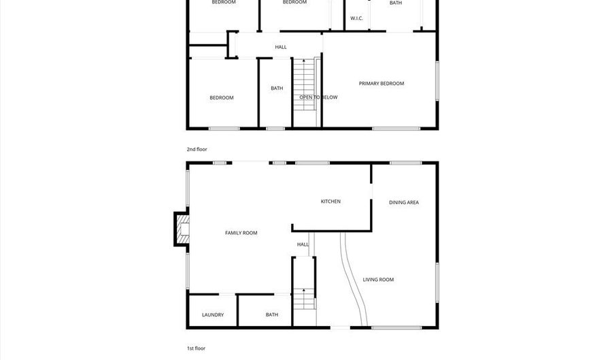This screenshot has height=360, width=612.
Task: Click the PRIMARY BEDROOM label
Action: (x=381, y=84)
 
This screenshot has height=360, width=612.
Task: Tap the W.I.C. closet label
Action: (x=357, y=18)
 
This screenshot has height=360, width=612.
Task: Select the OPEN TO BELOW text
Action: (x=318, y=97)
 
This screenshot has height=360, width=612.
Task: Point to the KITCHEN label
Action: (x=330, y=201)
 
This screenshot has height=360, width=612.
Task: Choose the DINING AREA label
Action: (x=403, y=202)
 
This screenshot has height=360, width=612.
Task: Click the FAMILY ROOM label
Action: (x=241, y=233)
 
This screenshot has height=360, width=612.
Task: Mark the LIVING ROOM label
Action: (x=378, y=280)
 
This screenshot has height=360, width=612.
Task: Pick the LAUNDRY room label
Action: (x=213, y=314)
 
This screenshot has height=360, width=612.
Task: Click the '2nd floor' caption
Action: (x=197, y=148)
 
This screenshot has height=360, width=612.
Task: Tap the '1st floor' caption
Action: (x=196, y=348)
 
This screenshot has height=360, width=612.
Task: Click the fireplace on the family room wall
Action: (x=182, y=229)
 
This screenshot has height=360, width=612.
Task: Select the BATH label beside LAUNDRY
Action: (x=272, y=314)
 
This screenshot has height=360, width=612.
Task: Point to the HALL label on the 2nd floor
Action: (x=280, y=47)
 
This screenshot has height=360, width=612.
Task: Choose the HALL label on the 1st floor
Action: (x=303, y=244)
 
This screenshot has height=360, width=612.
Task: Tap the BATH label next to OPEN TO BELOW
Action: (x=277, y=88)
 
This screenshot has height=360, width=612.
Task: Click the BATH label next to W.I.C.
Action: (x=396, y=3)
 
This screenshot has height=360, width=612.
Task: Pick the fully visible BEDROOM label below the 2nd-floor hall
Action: (x=222, y=97)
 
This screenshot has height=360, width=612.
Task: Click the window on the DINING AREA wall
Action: (x=405, y=163)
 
